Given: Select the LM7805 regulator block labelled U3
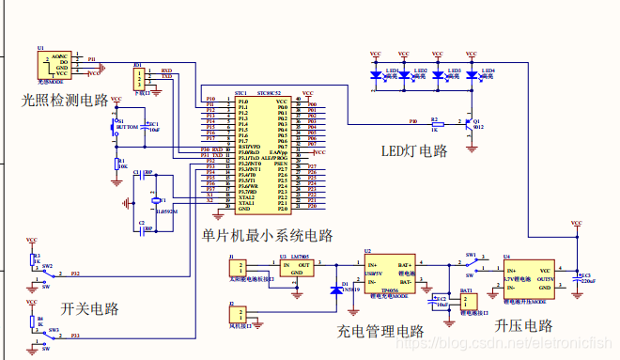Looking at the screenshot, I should click(x=299, y=267).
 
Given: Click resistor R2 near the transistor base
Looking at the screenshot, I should click(x=435, y=123).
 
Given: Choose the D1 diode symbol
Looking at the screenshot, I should click(x=336, y=290).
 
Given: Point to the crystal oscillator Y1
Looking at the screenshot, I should click(x=156, y=199).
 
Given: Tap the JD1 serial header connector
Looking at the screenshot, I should click(x=141, y=77).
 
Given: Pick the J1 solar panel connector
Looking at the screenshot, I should click(x=237, y=267).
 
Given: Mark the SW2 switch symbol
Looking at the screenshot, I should click(x=51, y=274).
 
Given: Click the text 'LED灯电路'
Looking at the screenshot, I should click(x=413, y=150).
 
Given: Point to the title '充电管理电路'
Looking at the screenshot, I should click(x=380, y=331).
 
